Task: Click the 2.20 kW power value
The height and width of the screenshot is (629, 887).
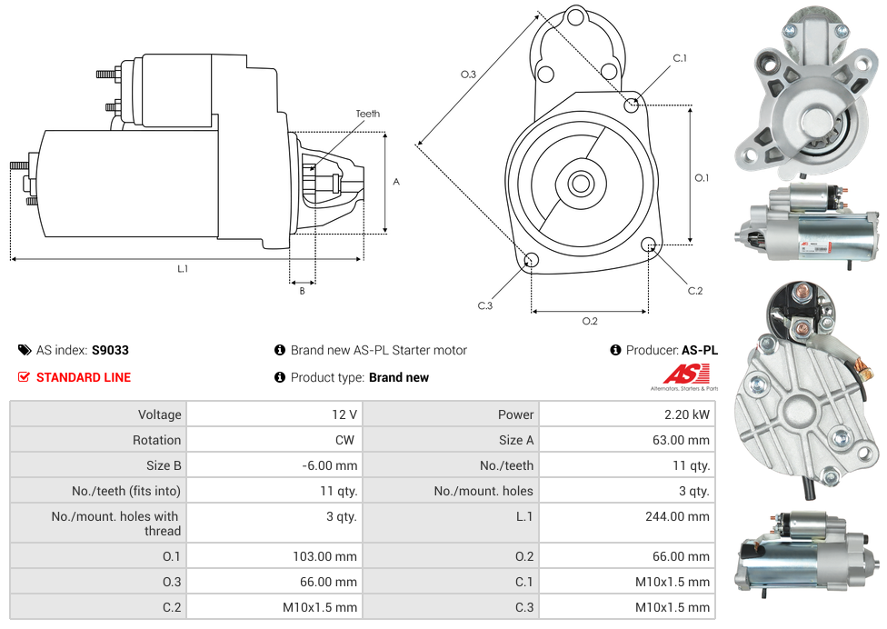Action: pos(689,414)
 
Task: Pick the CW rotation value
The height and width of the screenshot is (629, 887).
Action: pos(346,440)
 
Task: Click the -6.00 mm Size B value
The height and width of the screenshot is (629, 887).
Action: pos(330,465)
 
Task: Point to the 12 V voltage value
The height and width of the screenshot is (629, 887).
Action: pos(344,414)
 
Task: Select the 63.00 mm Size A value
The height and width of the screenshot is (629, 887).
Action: pos(686,440)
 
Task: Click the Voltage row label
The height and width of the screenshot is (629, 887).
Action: pos(159,414)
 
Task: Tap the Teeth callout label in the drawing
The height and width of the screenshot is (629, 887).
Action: pos(367,114)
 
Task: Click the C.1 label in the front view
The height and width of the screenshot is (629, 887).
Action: pos(679,59)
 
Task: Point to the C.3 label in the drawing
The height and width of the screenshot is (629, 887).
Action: pos(485,305)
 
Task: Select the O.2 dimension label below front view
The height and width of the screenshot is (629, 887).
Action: pos(590,321)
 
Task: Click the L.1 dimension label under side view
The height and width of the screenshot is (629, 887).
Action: pos(183,268)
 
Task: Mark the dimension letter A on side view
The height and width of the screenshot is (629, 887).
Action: pos(396,182)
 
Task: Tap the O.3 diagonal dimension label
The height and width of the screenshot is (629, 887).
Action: pos(468,75)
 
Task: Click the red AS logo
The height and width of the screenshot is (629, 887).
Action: pos(685,374)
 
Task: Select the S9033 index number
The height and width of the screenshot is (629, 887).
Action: pos(110,350)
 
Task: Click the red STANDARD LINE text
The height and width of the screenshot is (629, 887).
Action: pos(84,377)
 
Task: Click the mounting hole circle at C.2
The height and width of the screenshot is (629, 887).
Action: pos(649,245)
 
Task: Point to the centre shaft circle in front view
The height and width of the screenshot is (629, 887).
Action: pos(580,184)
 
